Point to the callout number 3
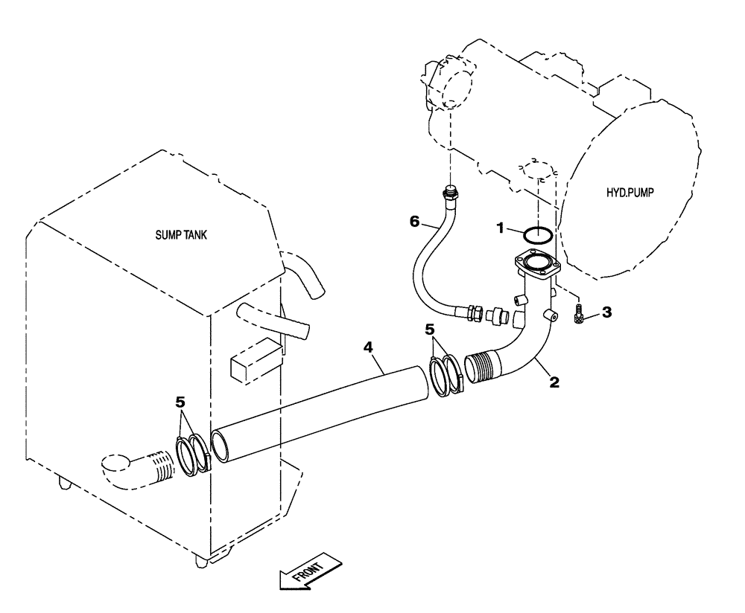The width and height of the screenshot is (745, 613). [606, 312]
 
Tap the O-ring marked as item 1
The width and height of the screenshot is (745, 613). [537, 235]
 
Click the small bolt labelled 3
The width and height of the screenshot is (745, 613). [579, 315]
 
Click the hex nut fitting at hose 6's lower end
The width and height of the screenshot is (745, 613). [473, 313]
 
